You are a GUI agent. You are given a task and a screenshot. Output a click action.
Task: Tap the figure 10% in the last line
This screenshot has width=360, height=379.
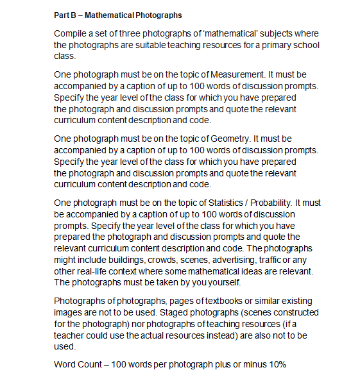pos(276,365)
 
